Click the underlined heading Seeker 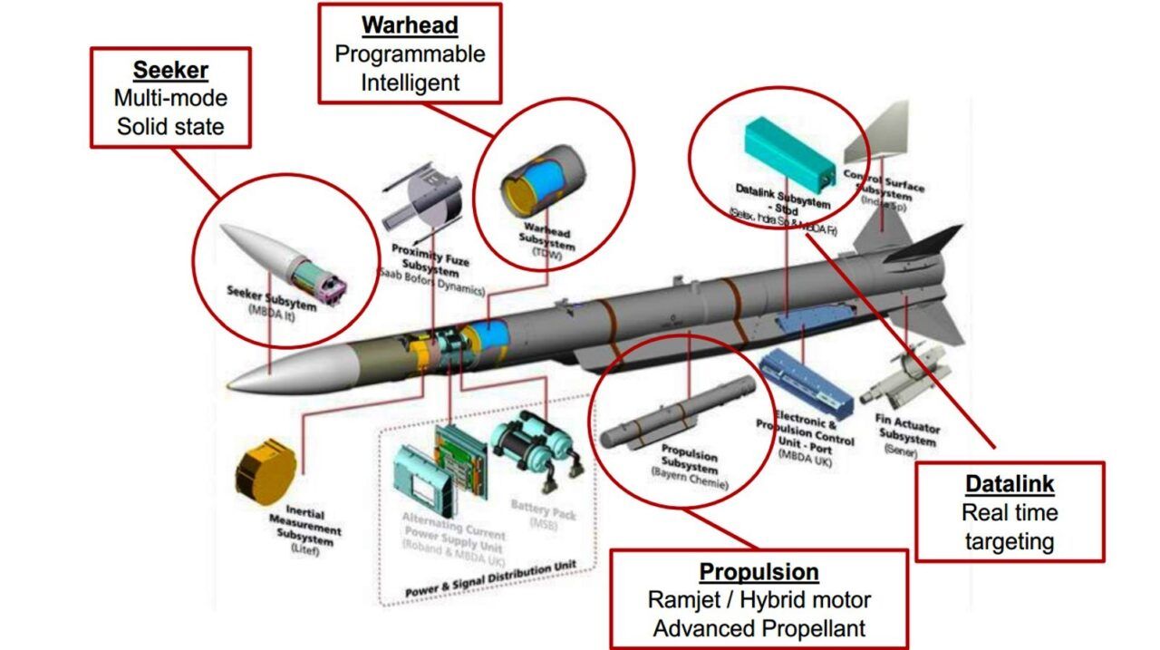tap(169, 70)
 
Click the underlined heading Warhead tap(410, 24)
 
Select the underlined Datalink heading tap(1010, 484)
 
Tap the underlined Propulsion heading tap(759, 572)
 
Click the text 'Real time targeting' tap(1010, 528)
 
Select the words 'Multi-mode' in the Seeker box tap(169, 98)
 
